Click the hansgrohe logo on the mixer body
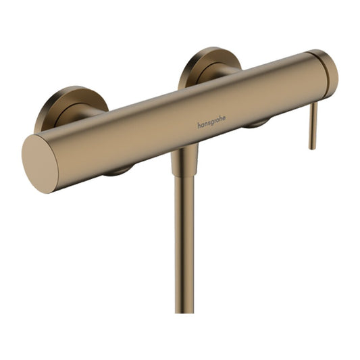tap(211, 122)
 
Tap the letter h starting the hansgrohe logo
tap(199, 126)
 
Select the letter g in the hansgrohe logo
tap(211, 123)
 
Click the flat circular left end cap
tap(40, 163)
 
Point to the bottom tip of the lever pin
tap(311, 149)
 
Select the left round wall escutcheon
tap(70, 107)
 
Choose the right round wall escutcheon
tap(208, 67)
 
